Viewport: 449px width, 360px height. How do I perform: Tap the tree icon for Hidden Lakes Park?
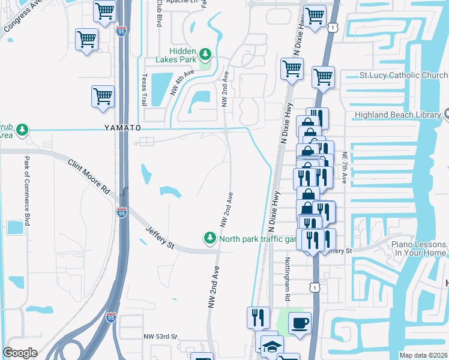[205, 55]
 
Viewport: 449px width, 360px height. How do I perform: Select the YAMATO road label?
[122, 128]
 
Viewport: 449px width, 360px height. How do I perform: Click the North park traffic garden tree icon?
[210, 238]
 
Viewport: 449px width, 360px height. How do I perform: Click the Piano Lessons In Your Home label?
[419, 248]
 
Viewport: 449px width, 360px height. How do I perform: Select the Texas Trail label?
[144, 91]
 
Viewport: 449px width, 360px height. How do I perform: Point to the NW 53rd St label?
[161, 337]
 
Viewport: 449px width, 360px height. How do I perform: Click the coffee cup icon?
[300, 323]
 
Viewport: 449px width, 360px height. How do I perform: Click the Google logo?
[20, 353]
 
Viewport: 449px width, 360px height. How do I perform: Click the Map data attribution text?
[423, 355]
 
